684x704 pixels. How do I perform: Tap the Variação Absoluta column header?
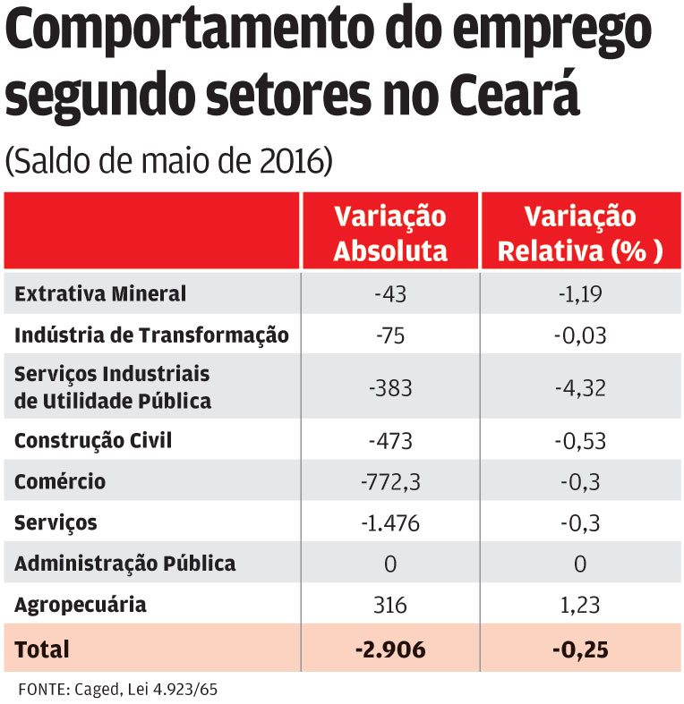pos(390,234)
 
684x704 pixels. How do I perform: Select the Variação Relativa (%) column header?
pos(579,234)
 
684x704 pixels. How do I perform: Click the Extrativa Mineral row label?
pos(100,293)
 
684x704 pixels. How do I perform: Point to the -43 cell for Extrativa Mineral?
pos(389,293)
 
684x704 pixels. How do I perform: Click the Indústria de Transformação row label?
pos(151,335)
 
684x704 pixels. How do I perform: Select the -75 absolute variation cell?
pos(389,335)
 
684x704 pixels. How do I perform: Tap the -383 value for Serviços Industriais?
pos(389,387)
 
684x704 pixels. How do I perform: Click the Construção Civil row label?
pos(93,440)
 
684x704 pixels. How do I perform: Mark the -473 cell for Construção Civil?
pos(389,440)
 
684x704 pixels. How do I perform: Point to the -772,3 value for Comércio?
pos(389,482)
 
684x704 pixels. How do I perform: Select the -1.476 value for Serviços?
pos(389,523)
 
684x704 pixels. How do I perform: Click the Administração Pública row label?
pos(125,564)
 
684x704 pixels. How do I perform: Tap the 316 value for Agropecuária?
pos(389,606)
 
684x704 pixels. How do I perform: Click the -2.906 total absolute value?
pos(389,649)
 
